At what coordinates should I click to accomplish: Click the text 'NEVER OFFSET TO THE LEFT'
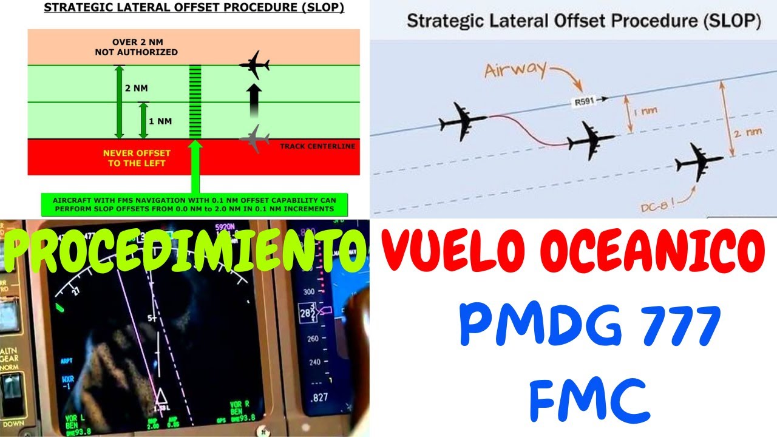tap(137, 158)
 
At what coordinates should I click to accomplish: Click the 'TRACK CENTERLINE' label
tap(319, 146)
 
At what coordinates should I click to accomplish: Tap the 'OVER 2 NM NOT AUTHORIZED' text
tap(137, 47)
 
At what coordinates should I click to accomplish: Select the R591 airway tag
tap(583, 102)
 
